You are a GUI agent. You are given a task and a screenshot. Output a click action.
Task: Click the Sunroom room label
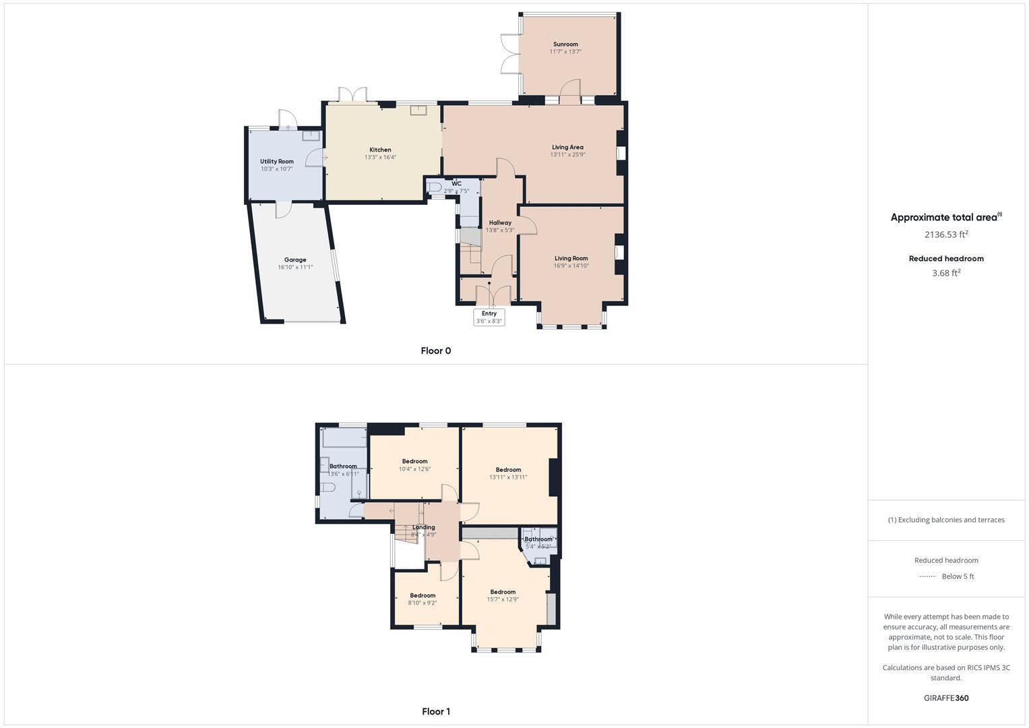565,44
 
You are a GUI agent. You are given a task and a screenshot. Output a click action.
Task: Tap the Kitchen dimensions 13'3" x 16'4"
380,158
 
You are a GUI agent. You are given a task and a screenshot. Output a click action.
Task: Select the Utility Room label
277,162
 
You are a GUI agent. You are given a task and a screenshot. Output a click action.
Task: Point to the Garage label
295,260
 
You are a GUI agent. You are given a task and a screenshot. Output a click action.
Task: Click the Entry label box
489,317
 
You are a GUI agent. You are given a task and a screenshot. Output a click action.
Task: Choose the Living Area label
567,147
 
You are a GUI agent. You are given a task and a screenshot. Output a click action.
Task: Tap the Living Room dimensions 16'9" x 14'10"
571,266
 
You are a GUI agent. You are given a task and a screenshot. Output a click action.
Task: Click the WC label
457,183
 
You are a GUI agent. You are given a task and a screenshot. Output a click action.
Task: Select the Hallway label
500,222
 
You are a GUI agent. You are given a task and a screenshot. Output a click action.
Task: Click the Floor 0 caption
435,351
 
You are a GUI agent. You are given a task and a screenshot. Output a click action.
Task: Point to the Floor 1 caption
435,711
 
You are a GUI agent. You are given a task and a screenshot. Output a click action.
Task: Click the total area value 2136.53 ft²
946,235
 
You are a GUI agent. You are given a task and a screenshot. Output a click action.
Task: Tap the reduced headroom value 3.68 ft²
946,273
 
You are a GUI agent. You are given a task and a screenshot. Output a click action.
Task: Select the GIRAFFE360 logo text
946,698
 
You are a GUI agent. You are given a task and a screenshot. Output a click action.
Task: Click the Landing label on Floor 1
424,527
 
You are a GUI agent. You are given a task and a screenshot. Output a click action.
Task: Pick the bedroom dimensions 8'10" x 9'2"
423,603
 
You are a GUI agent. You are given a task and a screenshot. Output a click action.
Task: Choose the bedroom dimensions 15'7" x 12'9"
503,599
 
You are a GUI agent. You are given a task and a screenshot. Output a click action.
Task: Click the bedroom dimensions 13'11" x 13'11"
508,477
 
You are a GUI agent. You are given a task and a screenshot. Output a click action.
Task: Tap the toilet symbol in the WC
435,187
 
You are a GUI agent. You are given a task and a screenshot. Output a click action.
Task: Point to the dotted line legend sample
927,576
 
